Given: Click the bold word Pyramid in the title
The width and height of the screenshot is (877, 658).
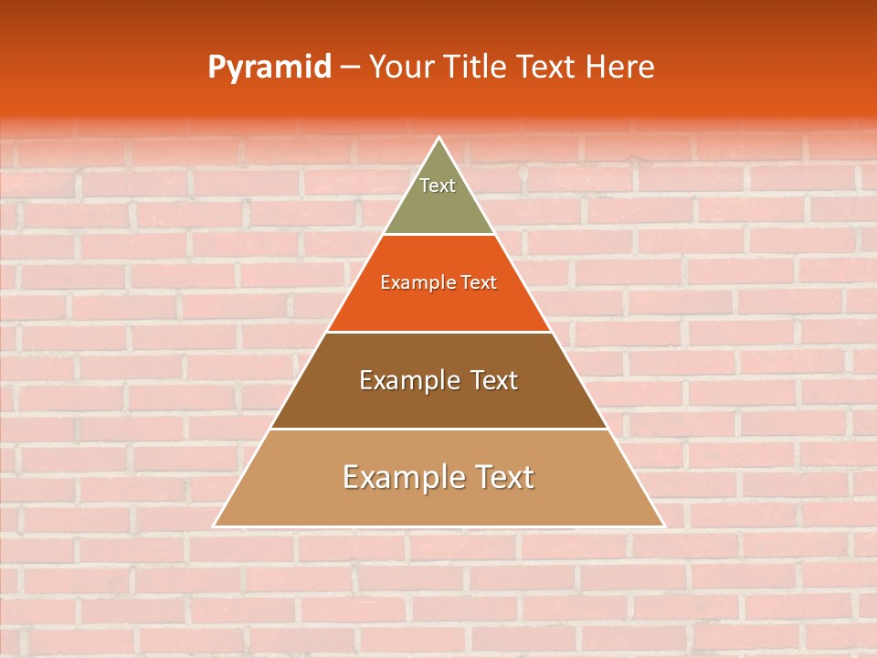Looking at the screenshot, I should (x=269, y=67).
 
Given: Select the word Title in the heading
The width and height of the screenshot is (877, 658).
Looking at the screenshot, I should (x=479, y=67).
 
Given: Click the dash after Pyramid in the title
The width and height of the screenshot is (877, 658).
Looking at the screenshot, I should (x=350, y=68).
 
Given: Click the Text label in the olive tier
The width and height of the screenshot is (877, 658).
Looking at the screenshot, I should (x=438, y=186).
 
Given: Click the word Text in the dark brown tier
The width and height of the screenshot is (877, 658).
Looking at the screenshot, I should (x=494, y=380).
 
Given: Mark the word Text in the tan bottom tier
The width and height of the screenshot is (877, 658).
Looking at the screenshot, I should (x=503, y=477).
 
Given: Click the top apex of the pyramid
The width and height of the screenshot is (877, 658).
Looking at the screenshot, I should (x=439, y=138).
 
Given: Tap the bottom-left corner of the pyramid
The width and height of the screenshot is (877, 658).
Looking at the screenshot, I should (x=215, y=525).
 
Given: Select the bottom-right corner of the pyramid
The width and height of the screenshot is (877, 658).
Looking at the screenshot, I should (x=663, y=525).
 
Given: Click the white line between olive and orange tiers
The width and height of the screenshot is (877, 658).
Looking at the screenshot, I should (x=438, y=234).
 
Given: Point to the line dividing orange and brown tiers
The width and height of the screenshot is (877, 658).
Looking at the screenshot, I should (x=438, y=332).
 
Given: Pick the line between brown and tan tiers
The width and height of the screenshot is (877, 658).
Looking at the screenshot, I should (x=438, y=429).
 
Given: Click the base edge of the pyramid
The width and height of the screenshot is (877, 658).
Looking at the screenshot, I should (x=438, y=526).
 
